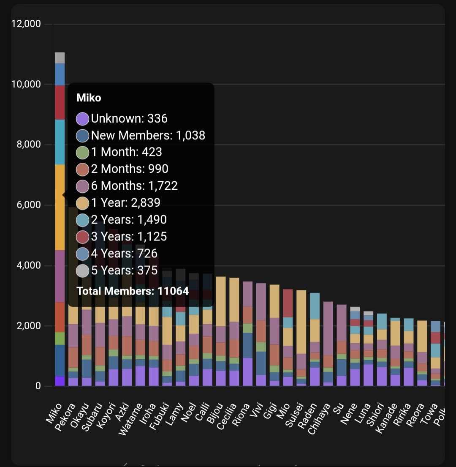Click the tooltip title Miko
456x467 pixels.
pyautogui.click(x=89, y=98)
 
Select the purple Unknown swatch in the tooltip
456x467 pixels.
pyautogui.click(x=82, y=119)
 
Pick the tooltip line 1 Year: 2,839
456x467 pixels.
pyautogui.click(x=125, y=203)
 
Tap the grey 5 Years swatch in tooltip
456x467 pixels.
pyautogui.click(x=82, y=270)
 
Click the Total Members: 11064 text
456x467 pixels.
pyautogui.click(x=132, y=291)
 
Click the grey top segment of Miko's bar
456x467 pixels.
pyautogui.click(x=60, y=58)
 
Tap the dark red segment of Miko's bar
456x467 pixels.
pyautogui.click(x=60, y=102)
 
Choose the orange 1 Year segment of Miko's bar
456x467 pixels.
pyautogui.click(x=60, y=207)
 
